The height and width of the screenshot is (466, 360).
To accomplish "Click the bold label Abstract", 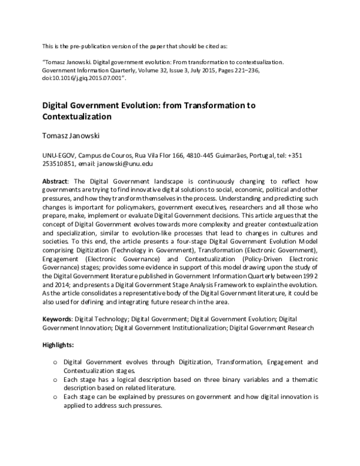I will click(x=56, y=181).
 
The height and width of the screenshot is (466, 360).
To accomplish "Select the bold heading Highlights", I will click(x=58, y=346).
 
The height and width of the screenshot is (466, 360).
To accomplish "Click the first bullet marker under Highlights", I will click(x=55, y=363).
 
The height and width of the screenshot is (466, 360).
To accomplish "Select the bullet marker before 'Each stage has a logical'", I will click(x=55, y=380).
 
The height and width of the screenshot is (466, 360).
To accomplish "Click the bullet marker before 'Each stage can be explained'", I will click(x=55, y=398).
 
